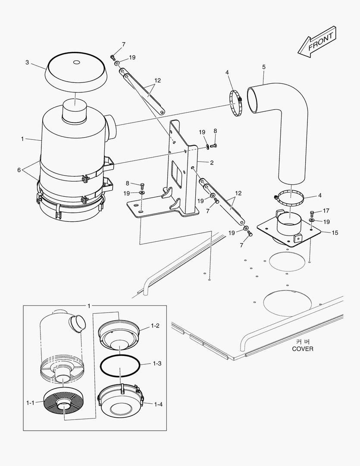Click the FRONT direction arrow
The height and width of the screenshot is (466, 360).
click(316, 42)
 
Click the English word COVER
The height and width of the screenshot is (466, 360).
click(302, 349)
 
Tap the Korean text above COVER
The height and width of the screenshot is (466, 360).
click(302, 341)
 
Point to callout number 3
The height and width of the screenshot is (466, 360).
click(27, 63)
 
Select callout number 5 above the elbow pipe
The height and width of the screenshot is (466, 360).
click(263, 67)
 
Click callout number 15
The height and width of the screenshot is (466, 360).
click(335, 233)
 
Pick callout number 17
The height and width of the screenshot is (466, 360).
click(326, 211)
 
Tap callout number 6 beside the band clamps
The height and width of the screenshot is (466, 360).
click(19, 170)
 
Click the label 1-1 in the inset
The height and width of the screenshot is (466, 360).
click(30, 403)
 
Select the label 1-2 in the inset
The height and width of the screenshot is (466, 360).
click(155, 326)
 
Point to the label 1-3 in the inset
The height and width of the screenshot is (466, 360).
click(157, 364)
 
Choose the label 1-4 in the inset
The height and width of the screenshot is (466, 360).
click(158, 404)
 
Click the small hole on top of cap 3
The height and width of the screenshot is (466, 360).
click(77, 63)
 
